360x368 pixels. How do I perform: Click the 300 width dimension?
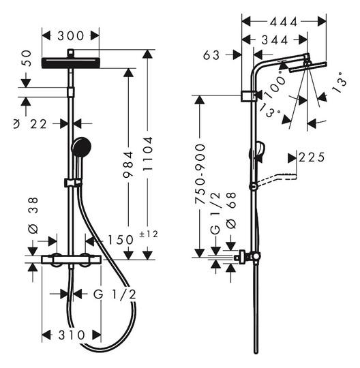click(70, 36)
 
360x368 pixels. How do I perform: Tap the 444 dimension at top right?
click(284, 22)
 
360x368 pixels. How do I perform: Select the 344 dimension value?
click(275, 40)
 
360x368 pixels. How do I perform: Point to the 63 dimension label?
click(211, 55)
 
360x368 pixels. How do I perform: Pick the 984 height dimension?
click(128, 164)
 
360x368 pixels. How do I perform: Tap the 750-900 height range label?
click(200, 174)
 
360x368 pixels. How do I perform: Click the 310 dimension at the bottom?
click(72, 335)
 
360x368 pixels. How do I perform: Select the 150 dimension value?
click(120, 240)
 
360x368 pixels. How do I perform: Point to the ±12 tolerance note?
click(149, 234)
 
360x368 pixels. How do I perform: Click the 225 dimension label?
click(312, 157)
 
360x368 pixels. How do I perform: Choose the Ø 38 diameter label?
click(33, 215)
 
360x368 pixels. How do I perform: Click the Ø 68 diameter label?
click(231, 211)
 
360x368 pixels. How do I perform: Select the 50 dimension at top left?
click(27, 58)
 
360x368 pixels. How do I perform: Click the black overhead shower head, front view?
click(71, 63)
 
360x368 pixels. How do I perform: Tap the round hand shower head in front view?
click(81, 147)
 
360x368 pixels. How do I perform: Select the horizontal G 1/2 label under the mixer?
click(115, 294)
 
